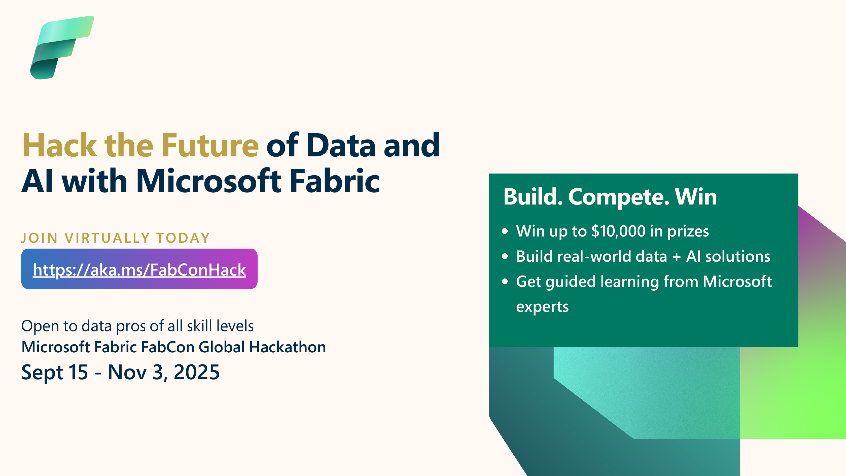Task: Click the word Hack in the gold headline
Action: point(59,145)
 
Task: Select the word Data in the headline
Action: point(341,145)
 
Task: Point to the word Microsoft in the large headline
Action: point(208,181)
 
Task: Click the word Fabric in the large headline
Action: point(335,181)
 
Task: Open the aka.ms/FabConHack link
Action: point(139,270)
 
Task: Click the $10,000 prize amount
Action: point(618,231)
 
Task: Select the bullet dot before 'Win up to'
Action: point(505,231)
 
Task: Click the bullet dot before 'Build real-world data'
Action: point(505,256)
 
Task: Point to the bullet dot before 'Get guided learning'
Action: point(505,282)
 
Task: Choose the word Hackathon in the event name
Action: point(287,347)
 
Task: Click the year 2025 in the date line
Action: point(196,372)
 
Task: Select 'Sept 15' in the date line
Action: point(55,373)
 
